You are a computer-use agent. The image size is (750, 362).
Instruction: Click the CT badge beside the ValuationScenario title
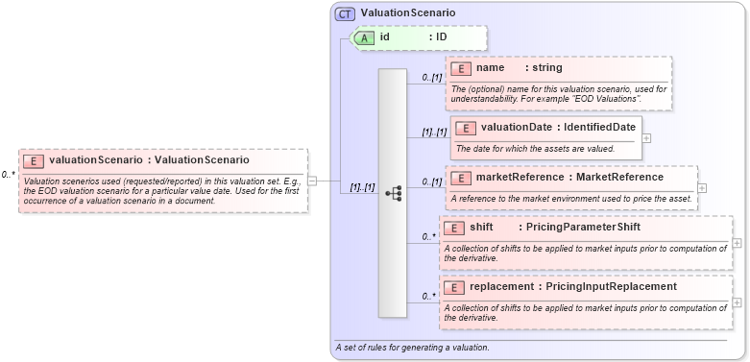coord(345,13)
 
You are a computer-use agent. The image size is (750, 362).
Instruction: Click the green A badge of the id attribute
coord(365,37)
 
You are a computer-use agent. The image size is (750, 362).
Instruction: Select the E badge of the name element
coord(462,68)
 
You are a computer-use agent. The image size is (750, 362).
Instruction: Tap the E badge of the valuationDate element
coord(466,128)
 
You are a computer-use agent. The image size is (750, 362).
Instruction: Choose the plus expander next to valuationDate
coord(646,137)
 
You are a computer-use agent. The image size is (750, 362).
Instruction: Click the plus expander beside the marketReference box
coord(702,187)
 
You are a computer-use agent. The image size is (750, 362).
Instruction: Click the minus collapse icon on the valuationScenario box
coord(312,180)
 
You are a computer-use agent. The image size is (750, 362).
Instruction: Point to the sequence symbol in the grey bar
coord(393,193)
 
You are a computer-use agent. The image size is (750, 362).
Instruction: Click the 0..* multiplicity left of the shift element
coord(428,236)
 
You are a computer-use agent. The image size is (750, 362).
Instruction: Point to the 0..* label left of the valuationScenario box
coord(8,175)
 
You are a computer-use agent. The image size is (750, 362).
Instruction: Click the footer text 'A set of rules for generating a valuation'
coord(412,347)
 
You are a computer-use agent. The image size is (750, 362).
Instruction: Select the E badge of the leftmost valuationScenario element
coord(34,160)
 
